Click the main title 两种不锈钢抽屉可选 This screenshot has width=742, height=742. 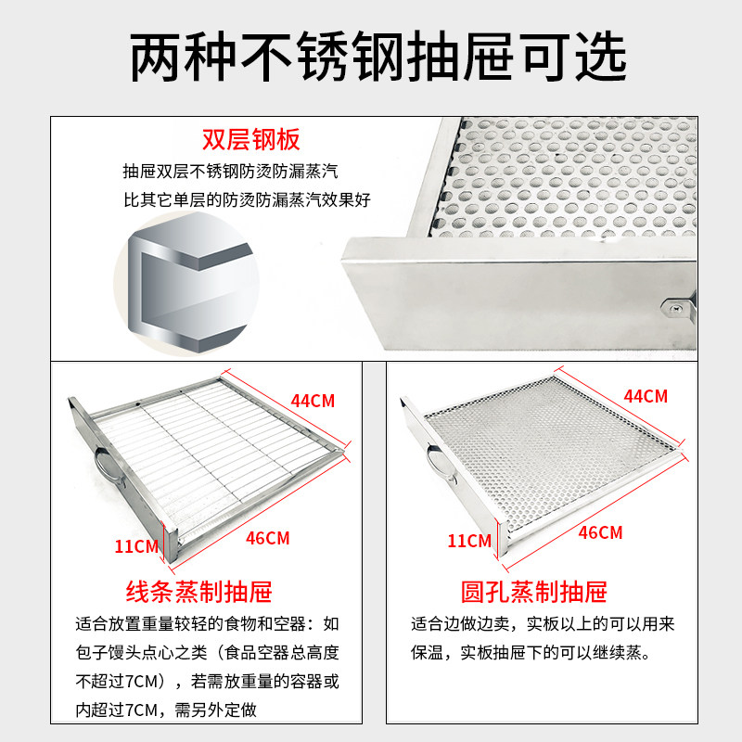click(x=378, y=57)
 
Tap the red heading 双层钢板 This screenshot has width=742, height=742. click(x=251, y=140)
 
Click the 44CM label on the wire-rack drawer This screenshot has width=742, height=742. click(x=313, y=401)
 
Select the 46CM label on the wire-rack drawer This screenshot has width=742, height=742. click(x=267, y=538)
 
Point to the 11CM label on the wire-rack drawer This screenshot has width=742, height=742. click(x=136, y=546)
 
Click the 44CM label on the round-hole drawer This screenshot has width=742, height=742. click(x=646, y=396)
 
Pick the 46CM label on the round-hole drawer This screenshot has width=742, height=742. click(x=600, y=532)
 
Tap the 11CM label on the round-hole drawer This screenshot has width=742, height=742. click(x=469, y=541)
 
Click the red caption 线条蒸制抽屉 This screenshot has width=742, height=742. click(x=198, y=592)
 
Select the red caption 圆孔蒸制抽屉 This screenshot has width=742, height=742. click(x=534, y=592)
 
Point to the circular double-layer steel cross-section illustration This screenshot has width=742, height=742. click(x=187, y=283)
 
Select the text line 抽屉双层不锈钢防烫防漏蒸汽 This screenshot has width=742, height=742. click(x=230, y=172)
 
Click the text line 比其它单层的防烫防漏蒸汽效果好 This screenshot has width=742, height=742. click(x=247, y=199)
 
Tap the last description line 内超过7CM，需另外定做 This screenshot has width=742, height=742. click(x=166, y=710)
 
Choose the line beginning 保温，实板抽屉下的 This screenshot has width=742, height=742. click(x=531, y=653)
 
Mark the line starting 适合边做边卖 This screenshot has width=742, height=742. click(x=543, y=624)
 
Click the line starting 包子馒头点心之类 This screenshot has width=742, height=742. click(x=207, y=653)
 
